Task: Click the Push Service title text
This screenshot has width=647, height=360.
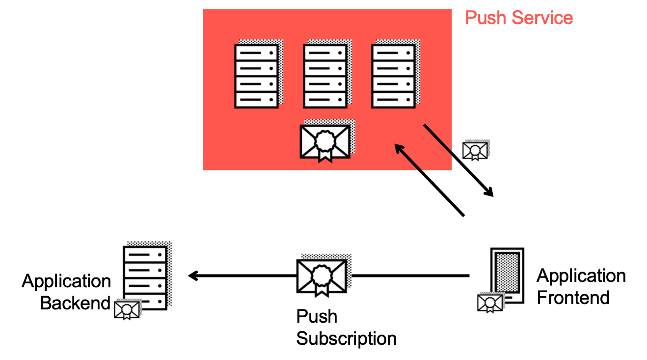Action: tap(519, 18)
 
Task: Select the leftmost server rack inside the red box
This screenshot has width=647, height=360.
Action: tap(256, 76)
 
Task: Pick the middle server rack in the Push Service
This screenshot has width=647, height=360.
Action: tap(325, 76)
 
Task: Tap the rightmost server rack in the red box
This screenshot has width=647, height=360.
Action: tap(393, 76)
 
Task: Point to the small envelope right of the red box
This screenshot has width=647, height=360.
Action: tap(475, 150)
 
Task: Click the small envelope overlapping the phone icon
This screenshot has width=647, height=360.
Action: tap(490, 303)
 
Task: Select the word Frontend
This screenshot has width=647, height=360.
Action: tap(573, 298)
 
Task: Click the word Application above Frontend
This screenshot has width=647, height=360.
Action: tap(581, 276)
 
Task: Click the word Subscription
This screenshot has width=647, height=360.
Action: tap(347, 338)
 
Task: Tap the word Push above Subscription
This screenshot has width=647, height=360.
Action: tap(317, 317)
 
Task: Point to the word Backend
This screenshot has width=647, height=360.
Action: tap(75, 303)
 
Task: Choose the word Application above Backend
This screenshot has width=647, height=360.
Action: tap(66, 281)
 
